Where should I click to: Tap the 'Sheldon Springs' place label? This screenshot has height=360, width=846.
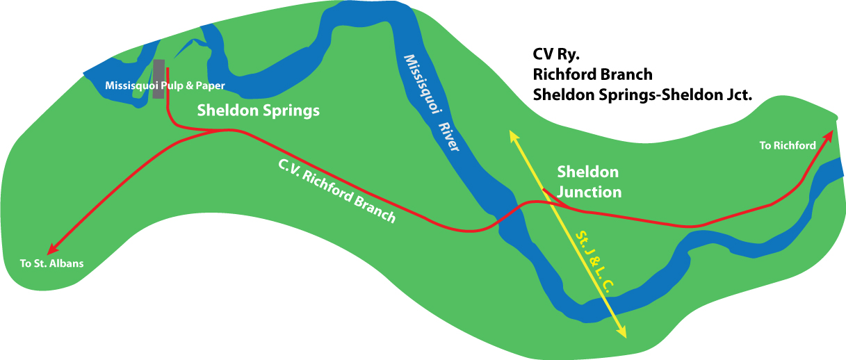click(259, 110)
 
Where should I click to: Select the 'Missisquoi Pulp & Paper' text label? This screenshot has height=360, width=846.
click(165, 85)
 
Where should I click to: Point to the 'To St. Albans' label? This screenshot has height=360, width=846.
click(51, 263)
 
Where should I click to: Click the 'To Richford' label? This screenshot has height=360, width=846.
click(787, 145)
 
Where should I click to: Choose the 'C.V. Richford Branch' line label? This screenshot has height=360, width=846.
click(336, 190)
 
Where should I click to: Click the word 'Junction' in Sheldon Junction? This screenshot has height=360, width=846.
click(589, 192)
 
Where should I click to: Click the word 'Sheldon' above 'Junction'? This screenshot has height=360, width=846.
click(587, 172)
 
